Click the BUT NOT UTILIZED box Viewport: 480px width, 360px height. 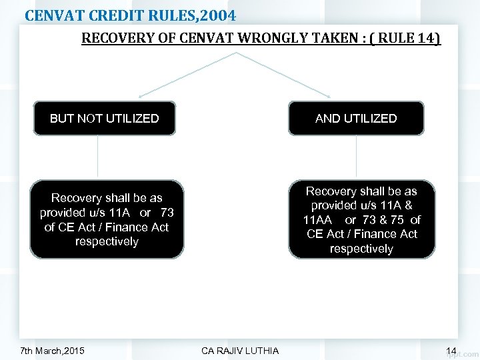point(105,119)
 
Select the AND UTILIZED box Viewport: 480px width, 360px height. point(356,119)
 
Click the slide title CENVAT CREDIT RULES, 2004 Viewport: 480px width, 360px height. point(130,13)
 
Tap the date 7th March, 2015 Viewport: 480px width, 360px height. point(53,351)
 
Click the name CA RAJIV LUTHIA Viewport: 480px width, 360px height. point(240,351)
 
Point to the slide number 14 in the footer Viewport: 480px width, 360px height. point(451,351)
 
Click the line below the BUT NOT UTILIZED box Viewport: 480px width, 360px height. point(98,157)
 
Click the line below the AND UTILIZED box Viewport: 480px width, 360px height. point(356,157)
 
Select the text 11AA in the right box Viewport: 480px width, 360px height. point(317,219)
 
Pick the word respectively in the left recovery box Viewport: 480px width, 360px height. point(107,241)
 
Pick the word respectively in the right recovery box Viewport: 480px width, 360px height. point(361,249)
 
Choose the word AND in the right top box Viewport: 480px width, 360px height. point(327,119)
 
